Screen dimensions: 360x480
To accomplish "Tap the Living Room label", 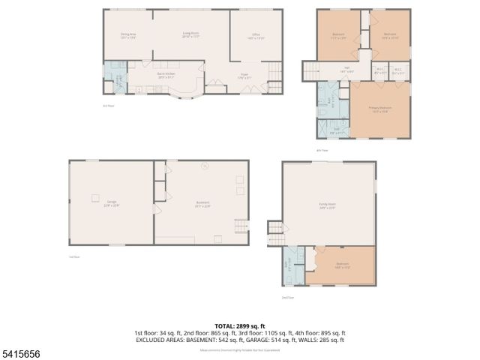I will coord(190,34).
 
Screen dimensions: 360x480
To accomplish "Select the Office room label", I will coord(255,35).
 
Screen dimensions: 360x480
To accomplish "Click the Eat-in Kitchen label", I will coord(166,75).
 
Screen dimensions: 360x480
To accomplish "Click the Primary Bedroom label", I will coord(379,109).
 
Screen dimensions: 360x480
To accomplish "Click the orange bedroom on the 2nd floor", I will coord(343,265).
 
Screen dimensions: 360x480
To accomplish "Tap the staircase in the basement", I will coord(241,226).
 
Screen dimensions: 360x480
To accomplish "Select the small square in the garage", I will coord(96,198).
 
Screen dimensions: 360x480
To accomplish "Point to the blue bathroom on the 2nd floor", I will coord(293,266).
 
